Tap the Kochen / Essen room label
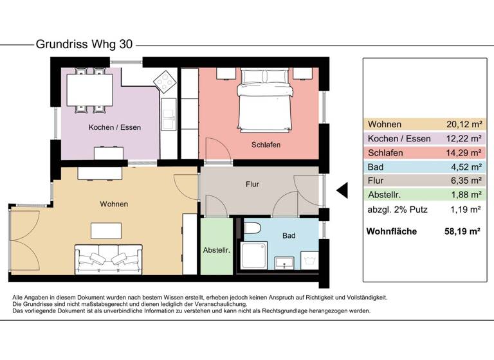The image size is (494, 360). pyautogui.click(x=114, y=127)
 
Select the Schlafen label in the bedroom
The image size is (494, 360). pyautogui.click(x=266, y=145)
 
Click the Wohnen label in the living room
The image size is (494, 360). pyautogui.click(x=114, y=204)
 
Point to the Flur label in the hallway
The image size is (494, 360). pyautogui.click(x=252, y=184)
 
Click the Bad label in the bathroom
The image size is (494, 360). pyautogui.click(x=289, y=236)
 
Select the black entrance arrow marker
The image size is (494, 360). pyautogui.click(x=342, y=190)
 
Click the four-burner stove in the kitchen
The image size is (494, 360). pyautogui.click(x=165, y=81)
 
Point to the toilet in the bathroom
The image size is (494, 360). pyautogui.click(x=253, y=228)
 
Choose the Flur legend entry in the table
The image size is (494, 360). pyautogui.click(x=376, y=181)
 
